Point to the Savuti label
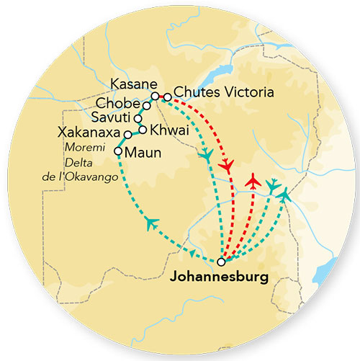[112, 117]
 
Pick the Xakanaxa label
[92, 133]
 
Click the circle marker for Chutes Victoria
[167, 96]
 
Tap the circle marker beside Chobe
[146, 106]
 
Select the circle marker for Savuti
[138, 117]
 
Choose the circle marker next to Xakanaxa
[127, 135]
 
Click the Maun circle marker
[118, 151]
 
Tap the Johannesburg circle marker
[221, 262]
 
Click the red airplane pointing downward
[228, 167]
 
